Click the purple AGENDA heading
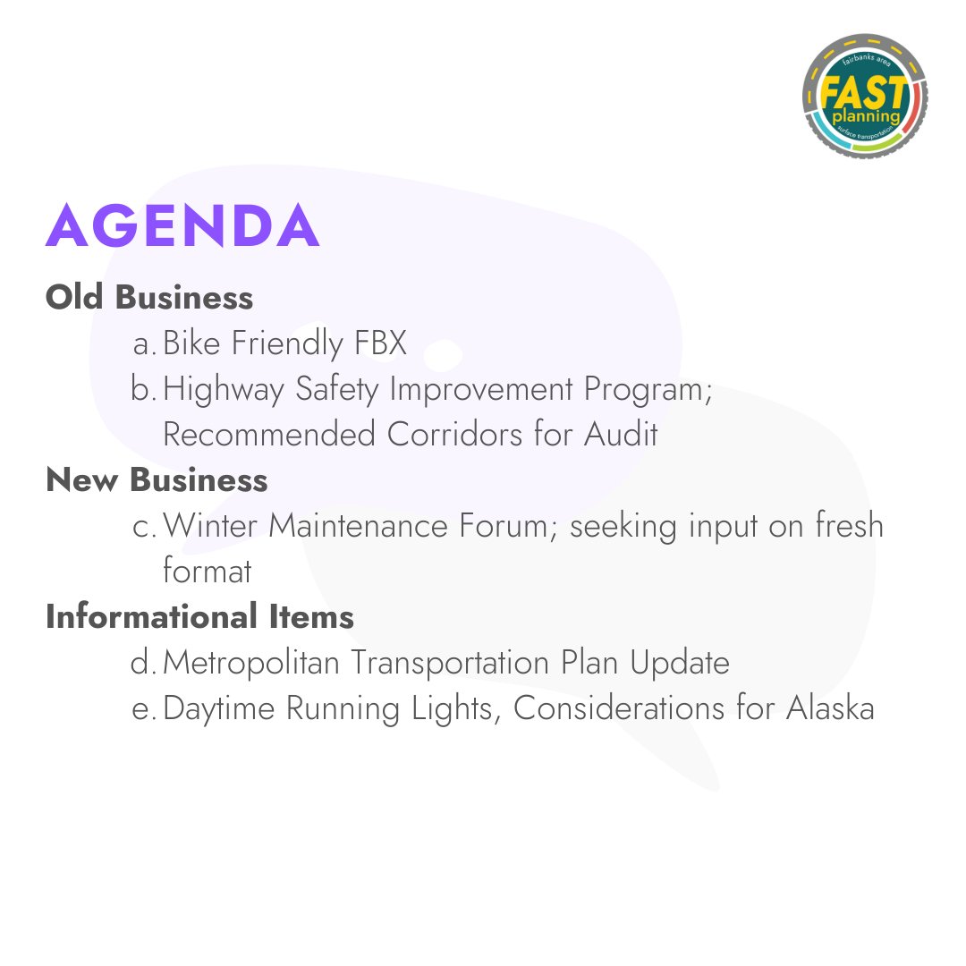coord(182,225)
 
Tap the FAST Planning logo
coord(864,97)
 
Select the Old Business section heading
coord(149,297)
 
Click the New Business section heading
coord(157,480)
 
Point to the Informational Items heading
coord(199,617)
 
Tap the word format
coord(208,572)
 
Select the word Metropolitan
coord(252,663)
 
